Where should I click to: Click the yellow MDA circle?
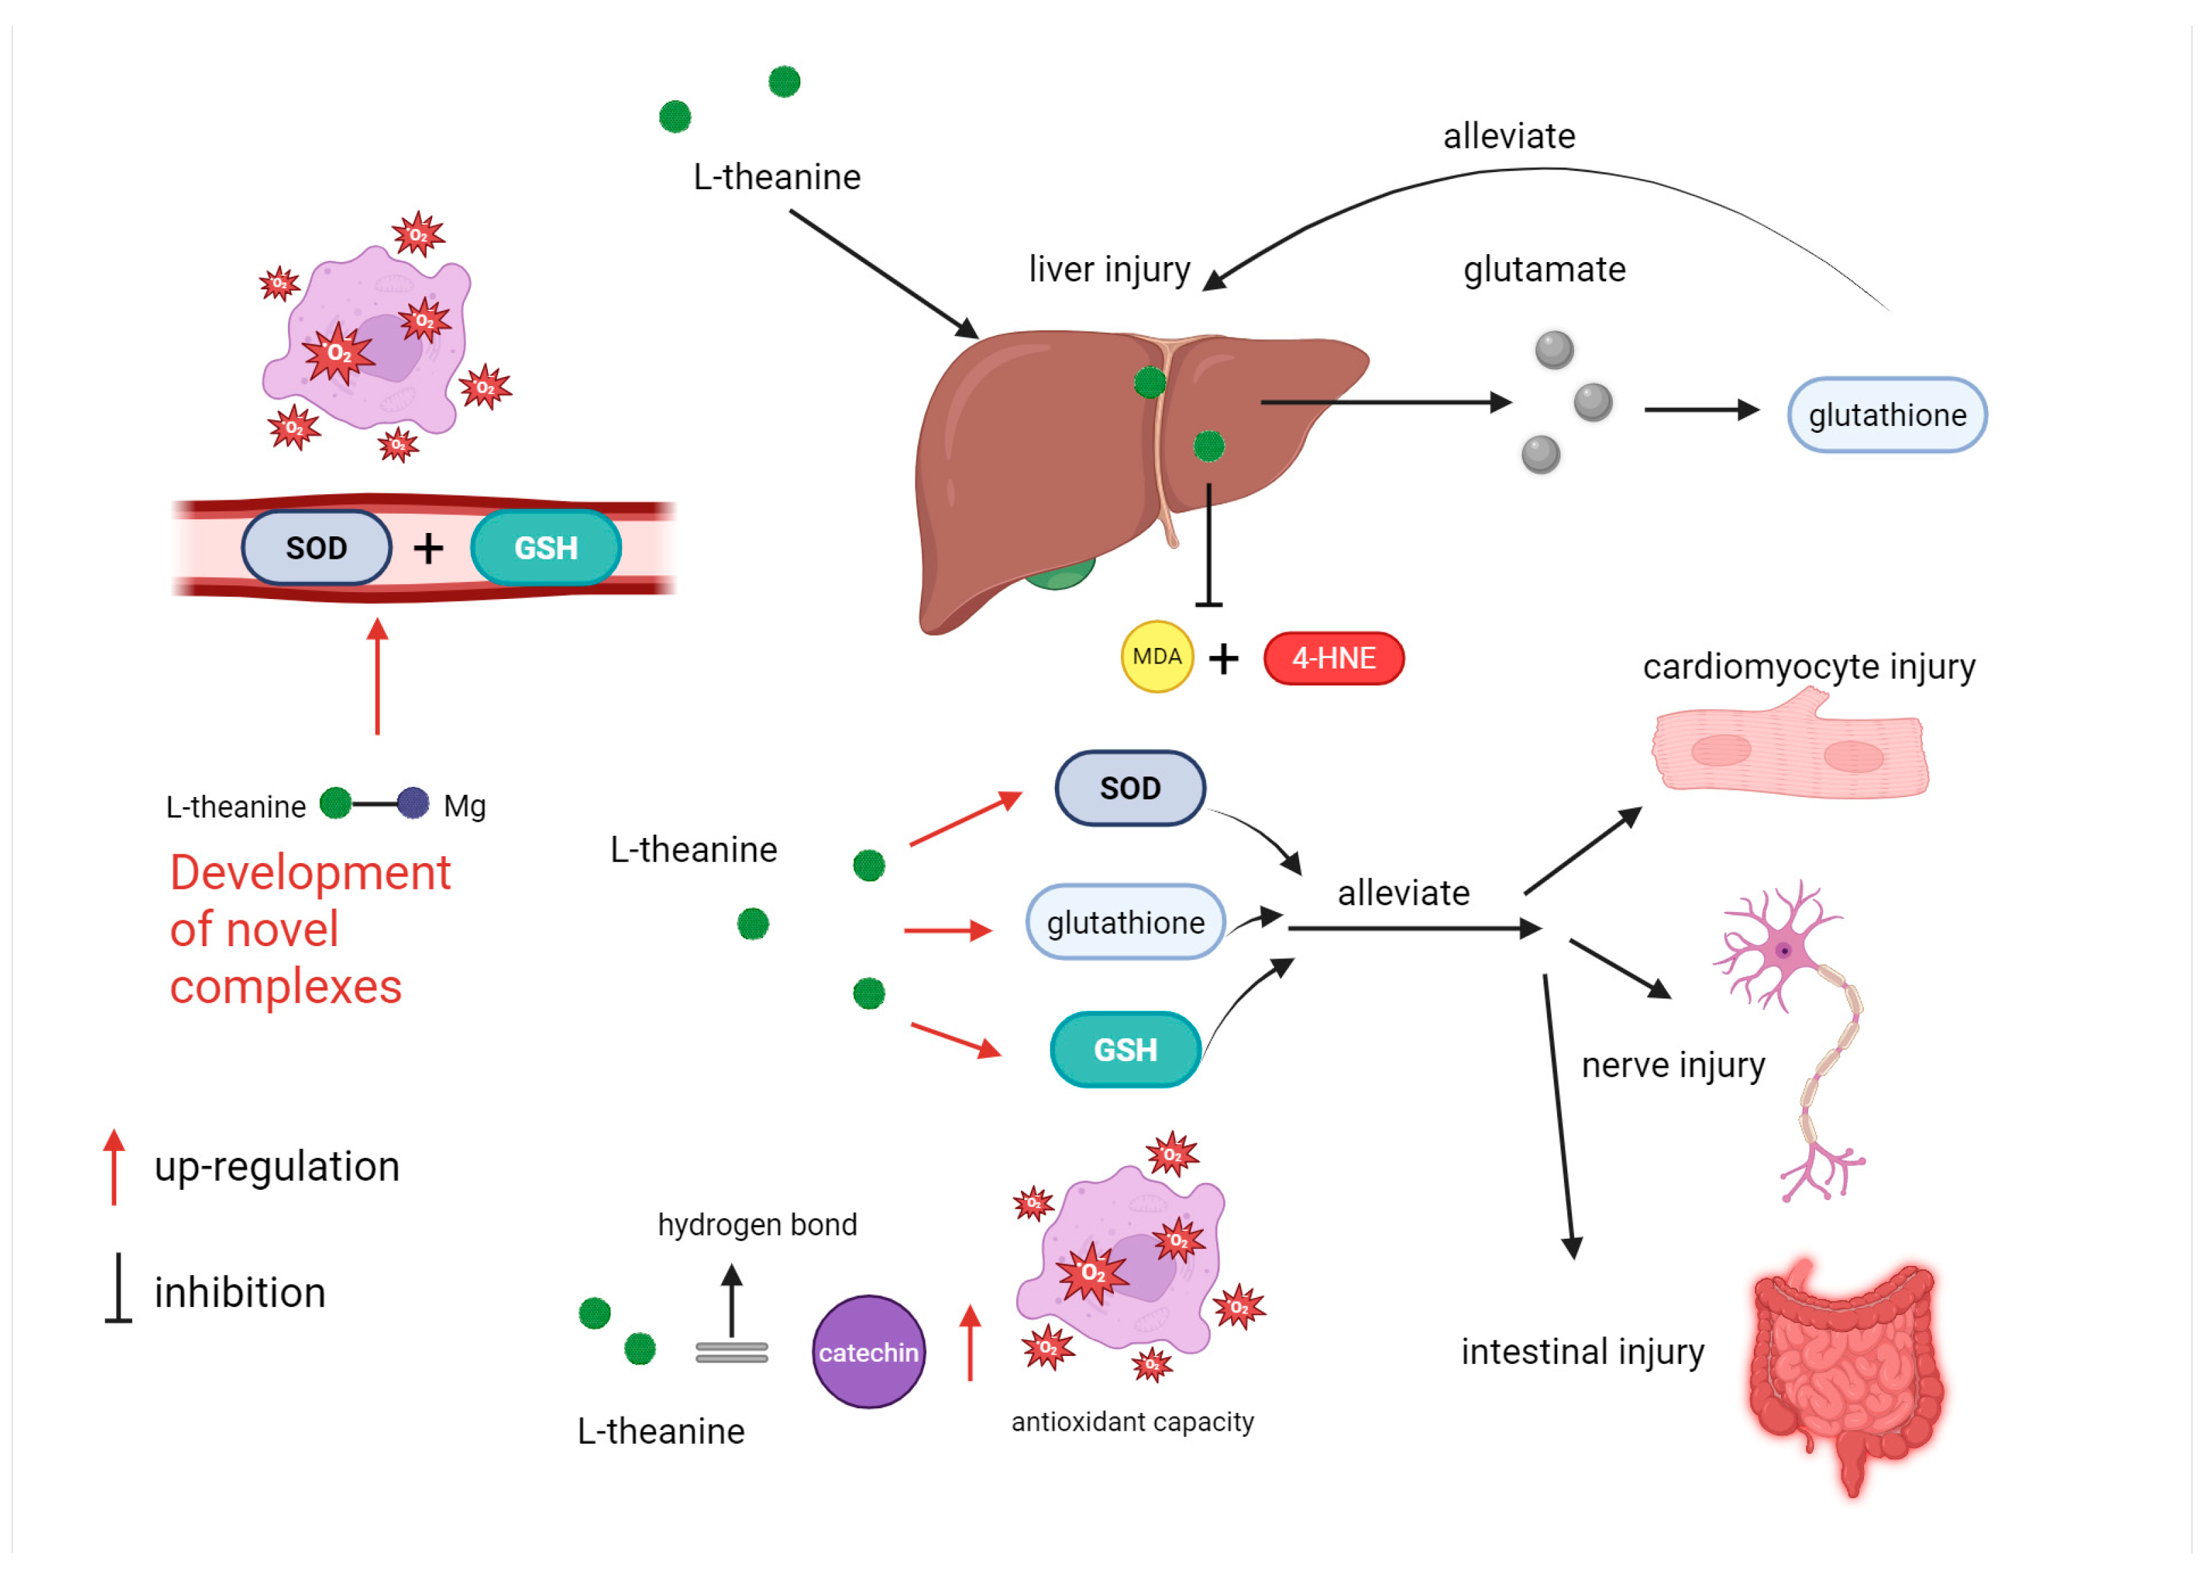1156,657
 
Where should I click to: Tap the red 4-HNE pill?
1333,659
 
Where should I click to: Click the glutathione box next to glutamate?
1886,415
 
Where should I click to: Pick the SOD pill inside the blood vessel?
316,548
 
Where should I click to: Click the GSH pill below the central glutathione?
1126,1050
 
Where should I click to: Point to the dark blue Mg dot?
414,803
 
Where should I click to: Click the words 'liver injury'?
1109,270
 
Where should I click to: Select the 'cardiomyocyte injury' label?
1808,666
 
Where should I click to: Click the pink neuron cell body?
1783,950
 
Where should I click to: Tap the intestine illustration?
1845,1376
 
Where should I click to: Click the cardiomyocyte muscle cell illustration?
1788,751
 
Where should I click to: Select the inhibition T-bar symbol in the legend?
118,1288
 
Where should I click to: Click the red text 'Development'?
310,873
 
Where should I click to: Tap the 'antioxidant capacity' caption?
1131,1421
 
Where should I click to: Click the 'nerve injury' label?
1673,1065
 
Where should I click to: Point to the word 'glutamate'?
1543,270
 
